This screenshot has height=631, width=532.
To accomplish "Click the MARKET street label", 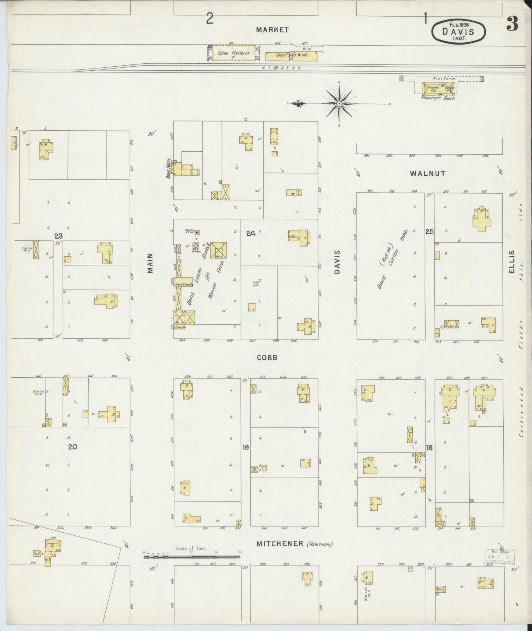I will click(272, 30).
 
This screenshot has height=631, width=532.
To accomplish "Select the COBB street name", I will click(267, 357).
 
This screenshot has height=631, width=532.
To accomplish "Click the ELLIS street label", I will click(511, 262).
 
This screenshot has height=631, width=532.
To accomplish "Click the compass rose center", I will click(339, 104).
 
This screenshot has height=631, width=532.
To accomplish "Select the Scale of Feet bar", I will click(191, 557).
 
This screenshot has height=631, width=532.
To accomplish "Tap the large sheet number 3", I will click(513, 24).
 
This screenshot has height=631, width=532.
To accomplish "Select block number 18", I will click(429, 448).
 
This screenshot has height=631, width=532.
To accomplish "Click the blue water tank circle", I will click(196, 245).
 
